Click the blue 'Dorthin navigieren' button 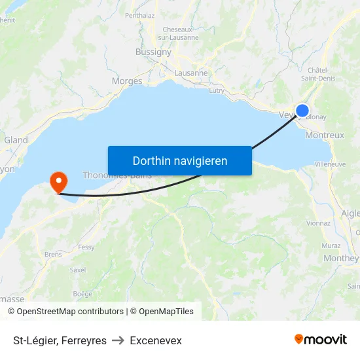180,160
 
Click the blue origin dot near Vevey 302,111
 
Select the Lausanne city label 192,73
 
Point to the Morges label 127,81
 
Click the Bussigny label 153,52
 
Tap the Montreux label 325,135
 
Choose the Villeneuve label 331,164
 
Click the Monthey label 341,258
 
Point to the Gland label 16,140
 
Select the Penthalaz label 139,15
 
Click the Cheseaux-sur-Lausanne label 177,33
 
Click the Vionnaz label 318,223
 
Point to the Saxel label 78,270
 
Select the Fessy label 86,247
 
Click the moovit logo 320,340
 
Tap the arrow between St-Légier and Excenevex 118,340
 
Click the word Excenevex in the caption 156,340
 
